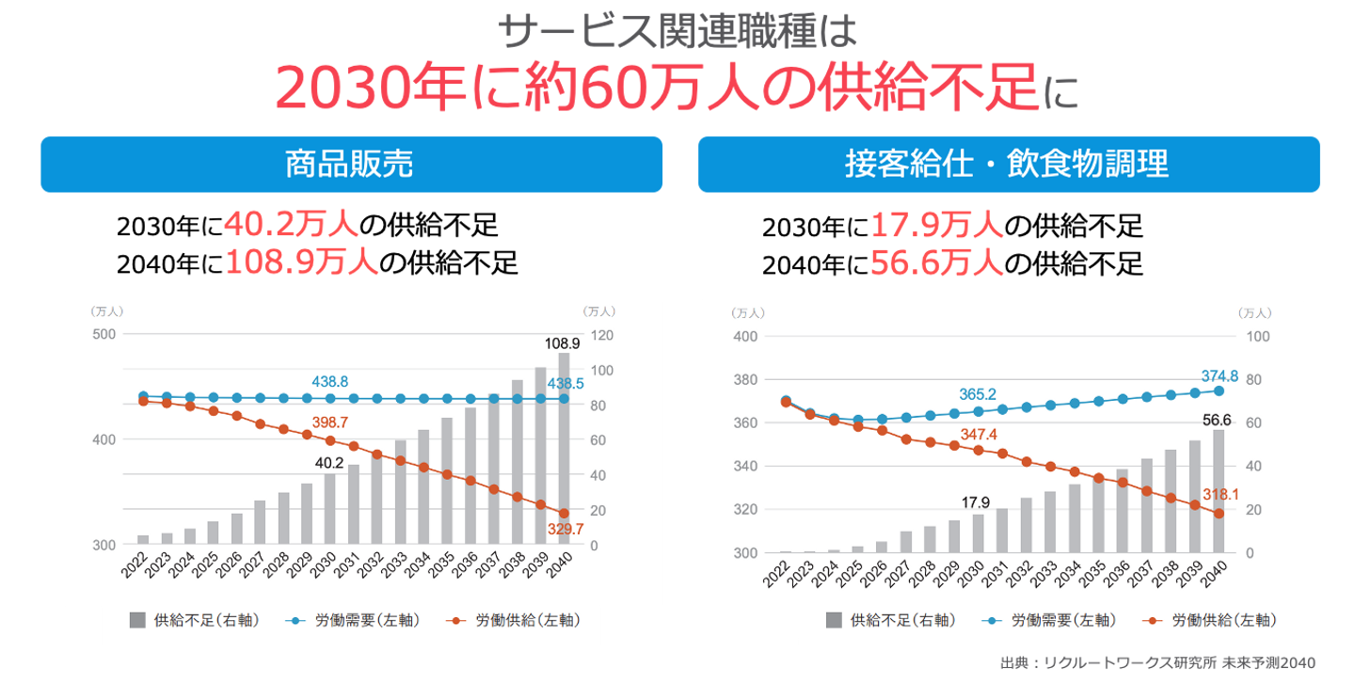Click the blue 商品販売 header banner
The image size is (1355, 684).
point(350,165)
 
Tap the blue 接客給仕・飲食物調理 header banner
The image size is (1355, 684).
point(1008,165)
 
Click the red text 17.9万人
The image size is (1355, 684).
point(936,227)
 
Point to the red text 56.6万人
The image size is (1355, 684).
point(936,262)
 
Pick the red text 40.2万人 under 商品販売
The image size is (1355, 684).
point(291,226)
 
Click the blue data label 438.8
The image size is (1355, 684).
point(330,381)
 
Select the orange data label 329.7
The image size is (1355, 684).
point(565,530)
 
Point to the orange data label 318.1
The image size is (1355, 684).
point(1220,495)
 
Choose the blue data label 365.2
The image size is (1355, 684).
point(978,394)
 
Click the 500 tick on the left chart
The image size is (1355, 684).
point(104,334)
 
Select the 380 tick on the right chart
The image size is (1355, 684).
point(745,380)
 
